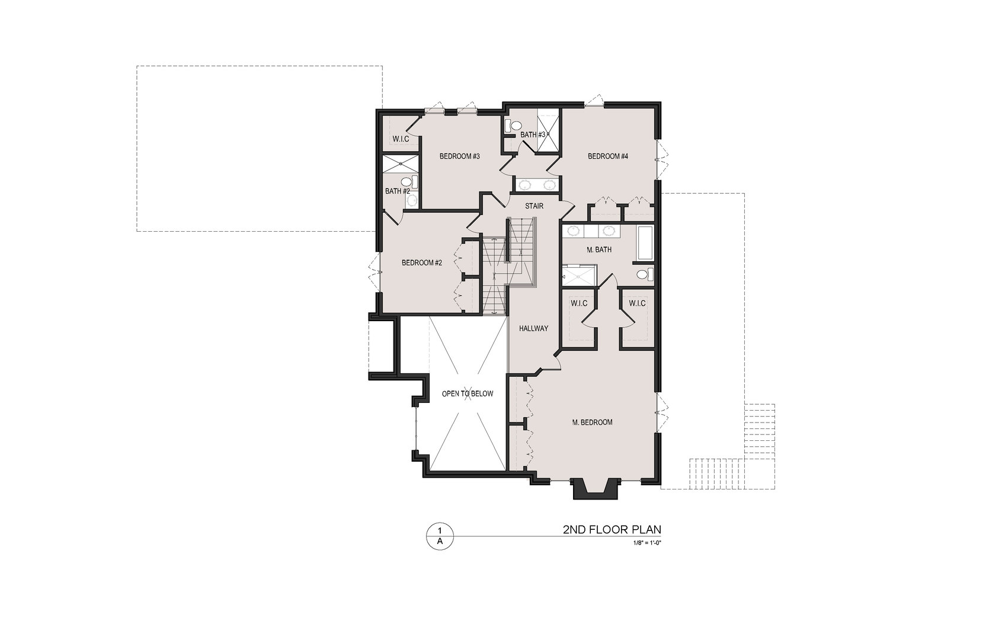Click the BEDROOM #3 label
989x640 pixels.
click(459, 156)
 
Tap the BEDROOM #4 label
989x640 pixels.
click(607, 156)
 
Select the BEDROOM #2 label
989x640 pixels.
click(422, 263)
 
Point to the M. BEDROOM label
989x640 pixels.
click(592, 423)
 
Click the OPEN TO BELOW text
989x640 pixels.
click(467, 393)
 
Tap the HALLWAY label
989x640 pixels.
click(533, 328)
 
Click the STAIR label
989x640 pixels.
click(534, 206)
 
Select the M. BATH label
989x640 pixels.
click(599, 250)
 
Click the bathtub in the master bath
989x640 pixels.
click(645, 243)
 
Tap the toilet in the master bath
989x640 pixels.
click(644, 274)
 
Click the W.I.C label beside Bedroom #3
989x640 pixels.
click(401, 139)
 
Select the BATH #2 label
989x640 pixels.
click(397, 191)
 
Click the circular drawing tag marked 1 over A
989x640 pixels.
click(440, 536)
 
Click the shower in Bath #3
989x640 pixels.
click(548, 130)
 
